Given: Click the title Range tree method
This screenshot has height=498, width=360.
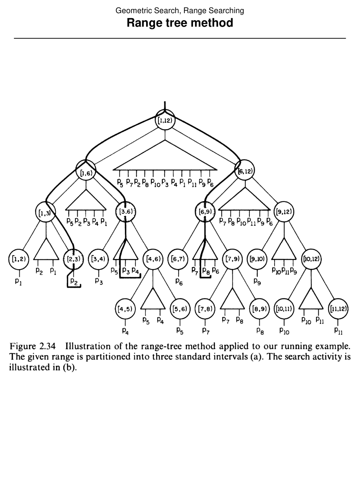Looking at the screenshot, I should [x=180, y=23].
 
